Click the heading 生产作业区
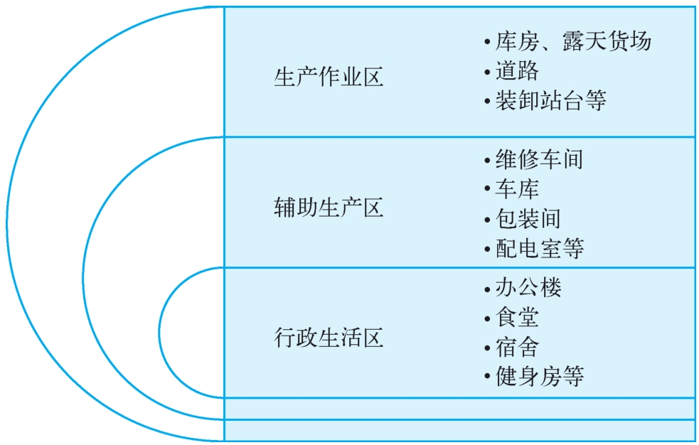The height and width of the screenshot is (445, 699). point(329,77)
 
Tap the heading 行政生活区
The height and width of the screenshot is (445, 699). point(329,337)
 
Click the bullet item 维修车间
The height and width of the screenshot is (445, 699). point(539,159)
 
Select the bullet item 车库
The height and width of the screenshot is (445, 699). point(517,188)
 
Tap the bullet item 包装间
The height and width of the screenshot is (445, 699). point(528,218)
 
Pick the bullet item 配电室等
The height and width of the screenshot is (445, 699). point(539,248)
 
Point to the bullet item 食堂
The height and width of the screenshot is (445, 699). point(517,317)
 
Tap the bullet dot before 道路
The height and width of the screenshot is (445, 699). point(486,72)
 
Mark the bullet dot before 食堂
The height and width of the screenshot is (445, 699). point(486,318)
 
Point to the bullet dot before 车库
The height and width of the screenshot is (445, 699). point(486,189)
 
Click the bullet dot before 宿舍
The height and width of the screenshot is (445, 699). point(486,348)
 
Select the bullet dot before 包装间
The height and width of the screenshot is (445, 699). point(486,219)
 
